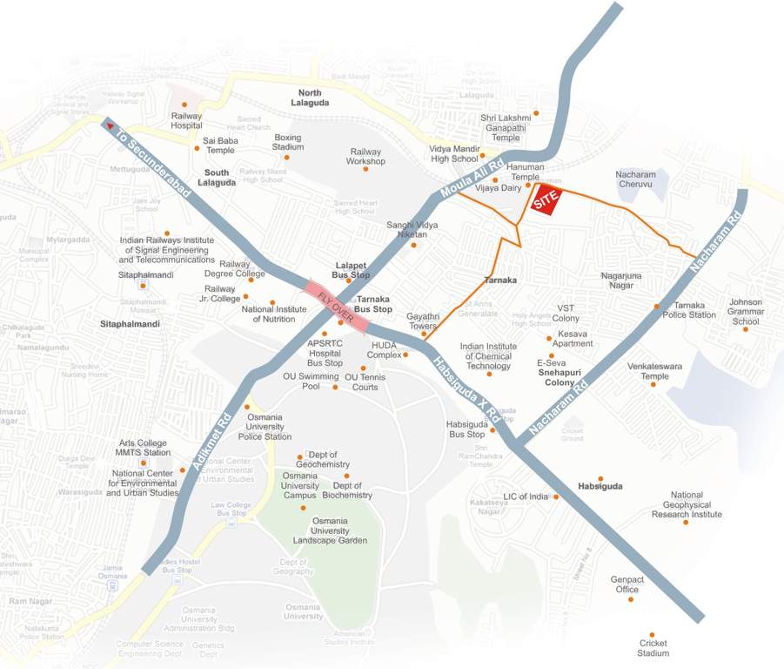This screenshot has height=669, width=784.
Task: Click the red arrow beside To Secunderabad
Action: click(111, 125)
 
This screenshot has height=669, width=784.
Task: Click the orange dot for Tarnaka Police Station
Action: click(656, 307)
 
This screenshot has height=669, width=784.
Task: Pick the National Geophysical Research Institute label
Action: click(687, 504)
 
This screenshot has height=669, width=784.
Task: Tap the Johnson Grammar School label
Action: click(745, 312)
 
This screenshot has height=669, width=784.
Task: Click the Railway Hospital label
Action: click(186, 120)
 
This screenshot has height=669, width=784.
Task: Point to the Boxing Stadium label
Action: click(288, 142)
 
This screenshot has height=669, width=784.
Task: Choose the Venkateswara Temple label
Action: click(653, 372)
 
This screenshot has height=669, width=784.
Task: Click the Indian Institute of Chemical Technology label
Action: click(488, 355)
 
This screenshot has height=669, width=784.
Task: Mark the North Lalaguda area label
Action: click(310, 98)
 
